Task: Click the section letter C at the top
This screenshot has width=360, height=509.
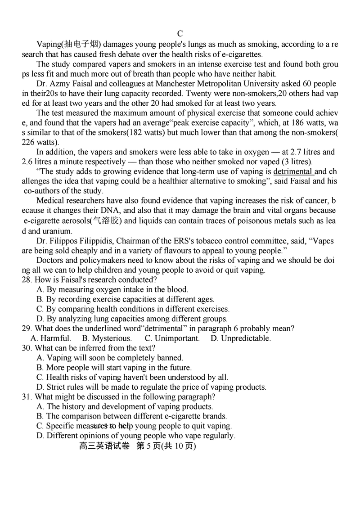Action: (180, 34)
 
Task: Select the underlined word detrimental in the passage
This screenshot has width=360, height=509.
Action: (293, 171)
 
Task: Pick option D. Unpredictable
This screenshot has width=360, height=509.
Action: (241, 338)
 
